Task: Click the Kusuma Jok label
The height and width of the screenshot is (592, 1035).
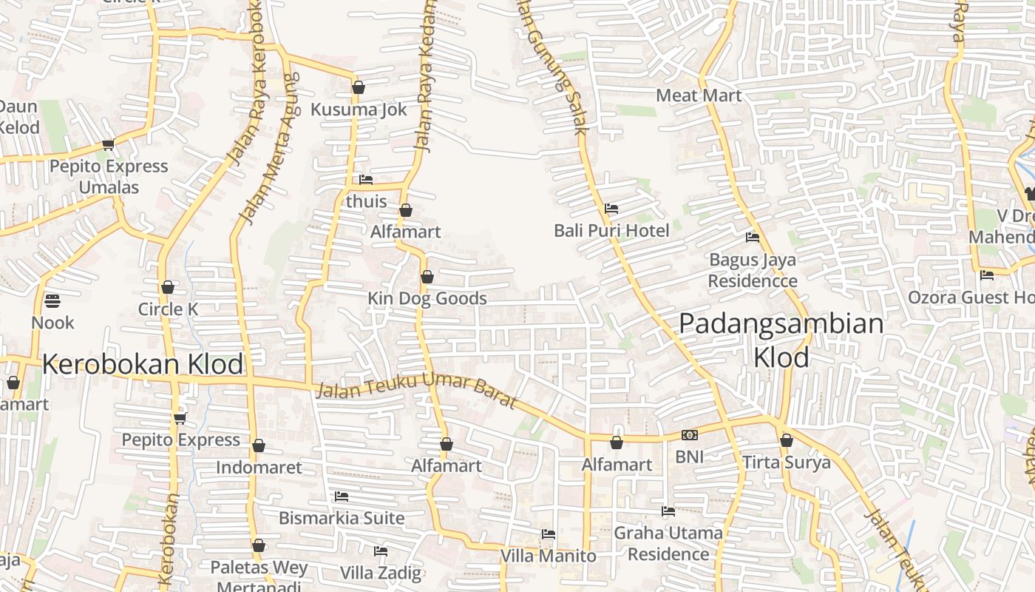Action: (x=359, y=110)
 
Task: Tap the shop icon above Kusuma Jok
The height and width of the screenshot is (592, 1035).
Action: (x=359, y=87)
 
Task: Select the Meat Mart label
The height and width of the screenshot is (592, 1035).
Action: (x=699, y=95)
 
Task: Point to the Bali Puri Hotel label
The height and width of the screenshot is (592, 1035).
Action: (x=611, y=231)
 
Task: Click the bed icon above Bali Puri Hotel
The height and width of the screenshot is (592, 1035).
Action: (x=611, y=209)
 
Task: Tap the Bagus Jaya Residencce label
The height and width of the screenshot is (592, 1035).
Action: (x=753, y=271)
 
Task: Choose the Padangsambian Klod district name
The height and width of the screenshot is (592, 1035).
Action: (x=781, y=340)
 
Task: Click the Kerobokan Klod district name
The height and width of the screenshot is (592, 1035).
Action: (x=143, y=364)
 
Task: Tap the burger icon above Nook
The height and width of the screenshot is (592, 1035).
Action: (x=52, y=300)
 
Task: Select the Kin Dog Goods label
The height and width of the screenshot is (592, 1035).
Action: (x=427, y=298)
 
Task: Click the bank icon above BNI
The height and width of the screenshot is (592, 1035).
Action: (x=689, y=435)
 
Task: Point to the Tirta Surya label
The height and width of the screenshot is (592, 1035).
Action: (x=787, y=462)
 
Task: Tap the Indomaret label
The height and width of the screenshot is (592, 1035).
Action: (x=259, y=467)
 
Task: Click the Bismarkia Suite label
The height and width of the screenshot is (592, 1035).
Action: (x=342, y=518)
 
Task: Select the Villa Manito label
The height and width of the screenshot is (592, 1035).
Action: (x=548, y=555)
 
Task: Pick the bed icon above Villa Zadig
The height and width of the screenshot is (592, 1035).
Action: (x=381, y=551)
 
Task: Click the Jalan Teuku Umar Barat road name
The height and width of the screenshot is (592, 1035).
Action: (x=415, y=390)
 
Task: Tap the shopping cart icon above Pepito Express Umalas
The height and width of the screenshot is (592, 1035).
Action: (x=109, y=144)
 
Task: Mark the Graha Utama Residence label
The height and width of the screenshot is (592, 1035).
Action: (x=668, y=543)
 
